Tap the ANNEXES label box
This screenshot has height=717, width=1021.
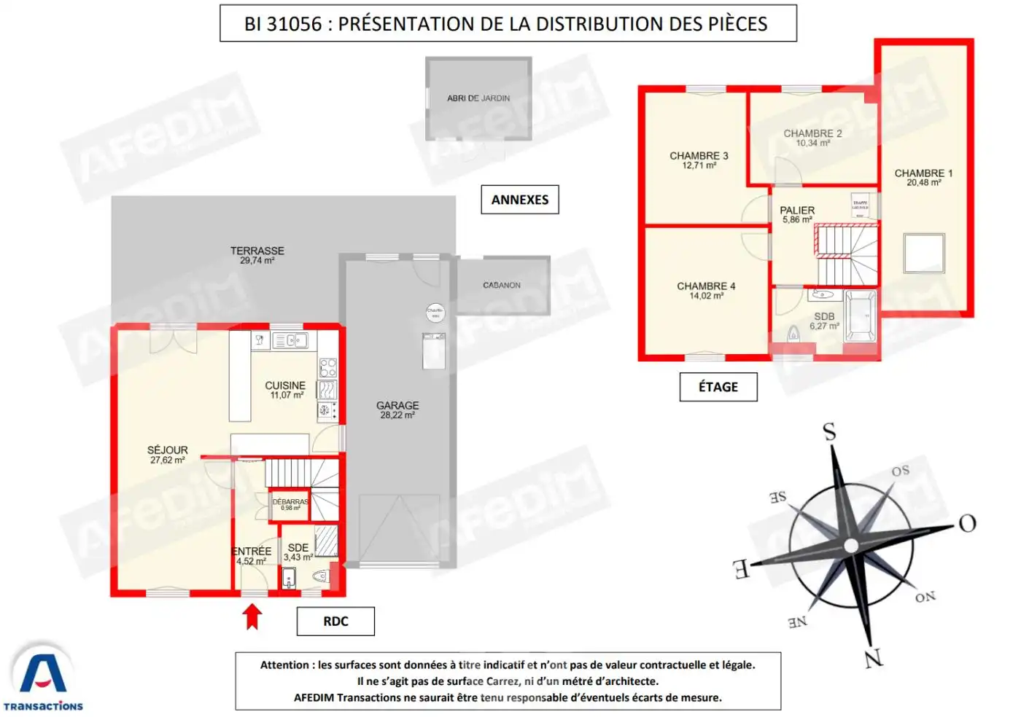tap(519, 200)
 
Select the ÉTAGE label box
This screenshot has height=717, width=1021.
tap(718, 387)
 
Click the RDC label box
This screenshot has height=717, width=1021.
tap(335, 622)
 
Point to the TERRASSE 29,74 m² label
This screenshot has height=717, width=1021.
tap(257, 255)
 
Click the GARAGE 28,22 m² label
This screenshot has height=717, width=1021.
tap(397, 410)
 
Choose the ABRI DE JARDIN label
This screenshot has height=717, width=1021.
tap(478, 98)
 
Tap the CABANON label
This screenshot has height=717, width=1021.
tap(502, 286)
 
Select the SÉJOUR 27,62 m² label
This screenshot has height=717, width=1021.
tap(168, 455)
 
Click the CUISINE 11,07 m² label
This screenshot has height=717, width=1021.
tap(285, 390)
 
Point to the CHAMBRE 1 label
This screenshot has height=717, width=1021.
tap(923, 177)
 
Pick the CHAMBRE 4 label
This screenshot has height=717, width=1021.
tap(706, 290)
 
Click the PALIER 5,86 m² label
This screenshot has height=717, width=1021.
tap(797, 214)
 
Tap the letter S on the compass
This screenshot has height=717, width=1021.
tap(829, 432)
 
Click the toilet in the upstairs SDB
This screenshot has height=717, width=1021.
tap(793, 334)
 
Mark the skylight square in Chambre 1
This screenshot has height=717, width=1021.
tap(924, 253)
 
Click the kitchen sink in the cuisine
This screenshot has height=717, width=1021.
tap(290, 340)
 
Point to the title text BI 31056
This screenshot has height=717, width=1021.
tap(283, 24)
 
